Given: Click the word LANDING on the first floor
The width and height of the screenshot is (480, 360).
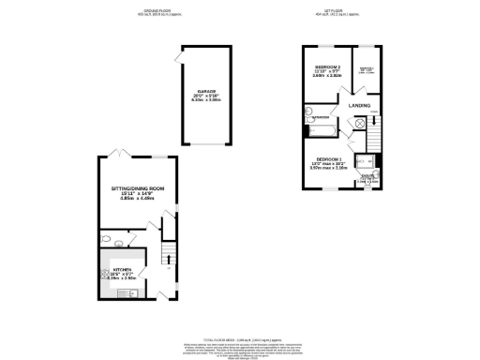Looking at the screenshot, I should point(360,106).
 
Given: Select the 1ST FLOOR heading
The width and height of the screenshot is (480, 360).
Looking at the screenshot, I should point(340,10).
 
